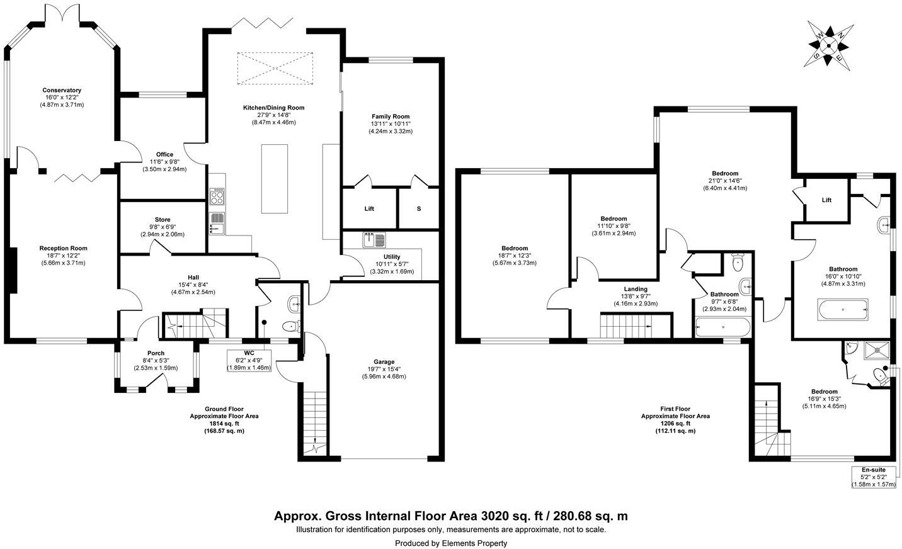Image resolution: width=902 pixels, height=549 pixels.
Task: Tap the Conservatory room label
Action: (62, 90)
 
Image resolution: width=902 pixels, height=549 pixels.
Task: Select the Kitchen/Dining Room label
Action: (273, 108)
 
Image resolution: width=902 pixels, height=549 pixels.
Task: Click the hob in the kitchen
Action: (217, 196)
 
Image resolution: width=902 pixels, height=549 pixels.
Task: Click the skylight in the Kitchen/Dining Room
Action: (274, 69)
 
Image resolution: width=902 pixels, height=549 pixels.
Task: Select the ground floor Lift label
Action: (369, 208)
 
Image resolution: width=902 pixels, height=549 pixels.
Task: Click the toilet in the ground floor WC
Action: (290, 326)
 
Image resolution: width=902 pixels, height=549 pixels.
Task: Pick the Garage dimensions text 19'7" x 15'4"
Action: (384, 369)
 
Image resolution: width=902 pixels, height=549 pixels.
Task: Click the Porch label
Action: (156, 353)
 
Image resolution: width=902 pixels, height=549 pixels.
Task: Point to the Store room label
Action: (163, 220)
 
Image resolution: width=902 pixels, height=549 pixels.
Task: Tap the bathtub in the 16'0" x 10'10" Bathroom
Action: (843, 309)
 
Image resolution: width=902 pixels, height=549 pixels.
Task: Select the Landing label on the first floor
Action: (631, 289)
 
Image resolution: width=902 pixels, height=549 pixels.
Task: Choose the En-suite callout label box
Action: (873, 477)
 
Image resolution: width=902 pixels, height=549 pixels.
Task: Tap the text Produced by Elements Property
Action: (450, 543)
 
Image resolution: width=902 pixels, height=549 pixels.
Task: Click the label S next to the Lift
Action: (418, 208)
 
